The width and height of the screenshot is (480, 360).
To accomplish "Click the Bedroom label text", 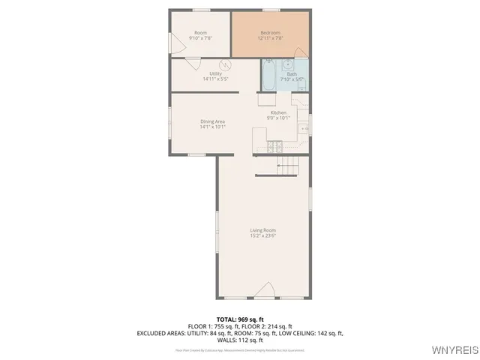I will (x=270, y=33).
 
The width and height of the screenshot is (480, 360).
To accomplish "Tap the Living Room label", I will (x=263, y=230).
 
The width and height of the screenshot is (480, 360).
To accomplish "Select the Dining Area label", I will (x=212, y=121).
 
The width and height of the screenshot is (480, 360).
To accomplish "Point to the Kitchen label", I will (x=278, y=112).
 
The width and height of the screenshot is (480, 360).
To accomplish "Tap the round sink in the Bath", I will (x=287, y=64).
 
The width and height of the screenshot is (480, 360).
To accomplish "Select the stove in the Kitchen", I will (x=275, y=146).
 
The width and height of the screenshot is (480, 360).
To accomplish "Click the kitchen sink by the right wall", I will (x=304, y=129).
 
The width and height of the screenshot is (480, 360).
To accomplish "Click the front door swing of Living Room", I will (x=264, y=291).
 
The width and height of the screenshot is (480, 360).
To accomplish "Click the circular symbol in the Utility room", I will (x=223, y=64).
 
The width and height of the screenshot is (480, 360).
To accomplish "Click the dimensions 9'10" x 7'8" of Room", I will (x=201, y=38).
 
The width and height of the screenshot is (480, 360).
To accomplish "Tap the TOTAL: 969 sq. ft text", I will (x=240, y=319).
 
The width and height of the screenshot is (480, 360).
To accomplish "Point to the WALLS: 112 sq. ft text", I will (x=240, y=339).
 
